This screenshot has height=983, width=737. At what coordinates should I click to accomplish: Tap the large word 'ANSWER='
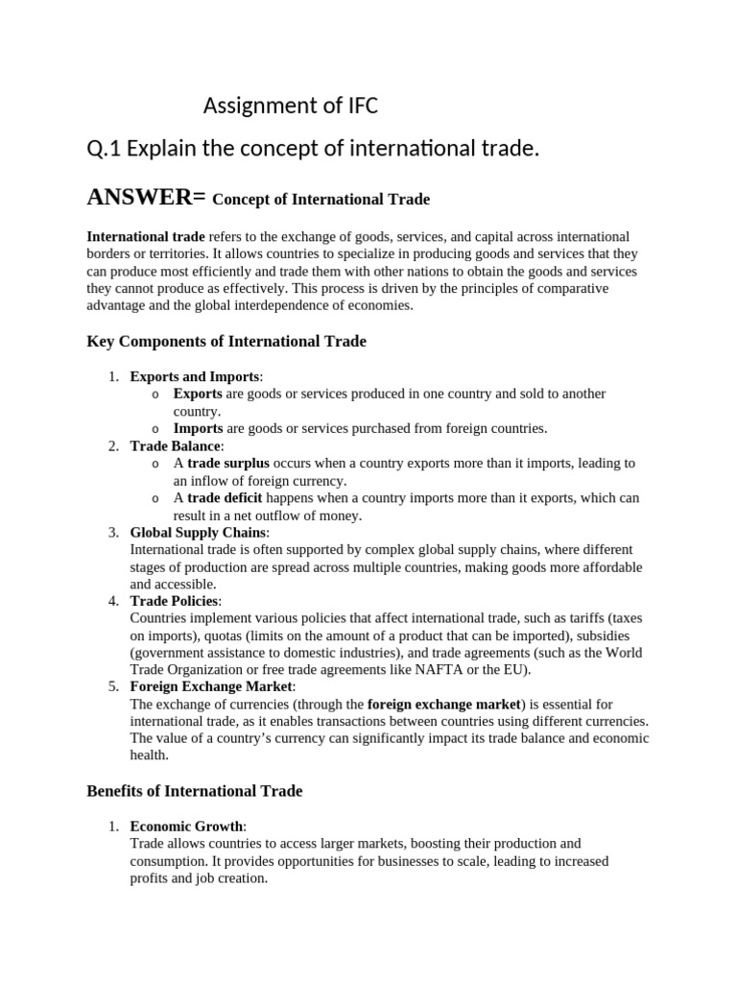click(x=146, y=198)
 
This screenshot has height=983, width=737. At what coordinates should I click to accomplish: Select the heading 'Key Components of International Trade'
click(x=226, y=341)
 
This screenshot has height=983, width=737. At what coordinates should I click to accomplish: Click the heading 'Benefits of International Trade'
click(x=195, y=791)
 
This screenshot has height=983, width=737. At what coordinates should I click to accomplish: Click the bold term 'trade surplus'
click(x=228, y=463)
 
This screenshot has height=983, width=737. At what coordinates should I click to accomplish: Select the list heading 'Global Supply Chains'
click(x=200, y=533)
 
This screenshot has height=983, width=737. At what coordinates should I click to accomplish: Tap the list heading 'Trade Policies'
click(x=175, y=602)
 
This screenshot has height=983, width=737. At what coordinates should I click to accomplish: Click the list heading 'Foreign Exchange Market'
click(x=212, y=687)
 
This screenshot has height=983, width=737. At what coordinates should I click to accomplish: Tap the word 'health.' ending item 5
click(x=149, y=755)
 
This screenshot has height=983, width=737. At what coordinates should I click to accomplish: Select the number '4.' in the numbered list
click(x=113, y=602)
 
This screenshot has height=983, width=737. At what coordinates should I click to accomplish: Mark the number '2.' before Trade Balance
click(x=113, y=445)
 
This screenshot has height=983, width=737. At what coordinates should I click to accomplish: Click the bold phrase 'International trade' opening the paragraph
click(x=146, y=236)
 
